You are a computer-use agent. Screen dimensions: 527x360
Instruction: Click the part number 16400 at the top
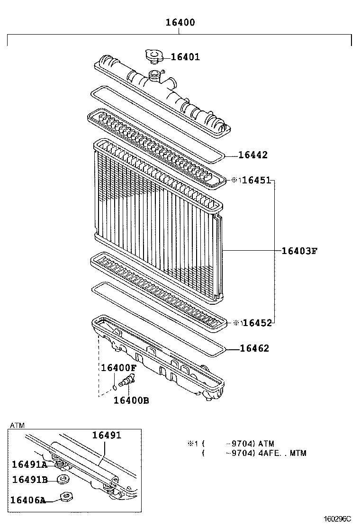click(180, 22)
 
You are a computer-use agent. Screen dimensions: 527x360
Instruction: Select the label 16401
click(185, 57)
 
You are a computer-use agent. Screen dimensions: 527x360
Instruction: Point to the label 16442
click(252, 155)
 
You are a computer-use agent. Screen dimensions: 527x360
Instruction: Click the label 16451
click(256, 181)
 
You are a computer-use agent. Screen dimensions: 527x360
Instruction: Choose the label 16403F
click(298, 251)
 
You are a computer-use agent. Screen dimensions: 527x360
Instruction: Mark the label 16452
click(257, 323)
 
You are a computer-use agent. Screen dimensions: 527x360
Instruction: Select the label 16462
click(254, 349)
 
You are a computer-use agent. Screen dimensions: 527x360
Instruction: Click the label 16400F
click(118, 368)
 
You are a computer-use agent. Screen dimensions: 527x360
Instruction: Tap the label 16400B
click(131, 400)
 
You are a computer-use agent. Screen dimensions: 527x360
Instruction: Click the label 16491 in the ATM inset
click(107, 436)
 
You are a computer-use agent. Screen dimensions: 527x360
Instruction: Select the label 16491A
click(29, 464)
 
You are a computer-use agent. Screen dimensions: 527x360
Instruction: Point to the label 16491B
click(29, 480)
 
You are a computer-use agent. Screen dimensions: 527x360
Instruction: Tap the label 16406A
click(28, 500)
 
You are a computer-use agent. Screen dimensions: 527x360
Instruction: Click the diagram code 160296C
click(339, 519)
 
